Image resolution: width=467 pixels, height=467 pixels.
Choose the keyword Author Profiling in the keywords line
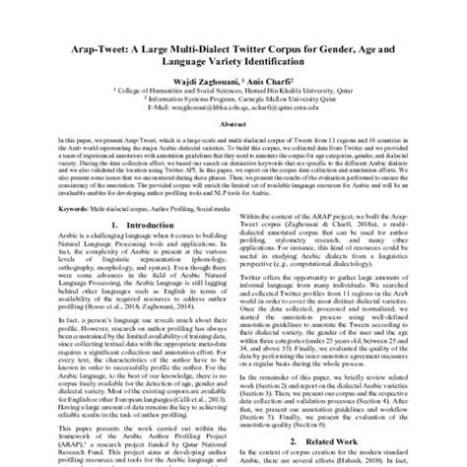[x=184, y=236]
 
